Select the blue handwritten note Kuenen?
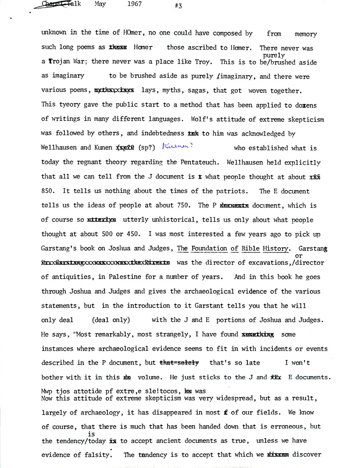[x=178, y=147]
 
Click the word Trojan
[x=59, y=62]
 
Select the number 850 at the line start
[x=48, y=191]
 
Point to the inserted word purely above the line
[x=274, y=55]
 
